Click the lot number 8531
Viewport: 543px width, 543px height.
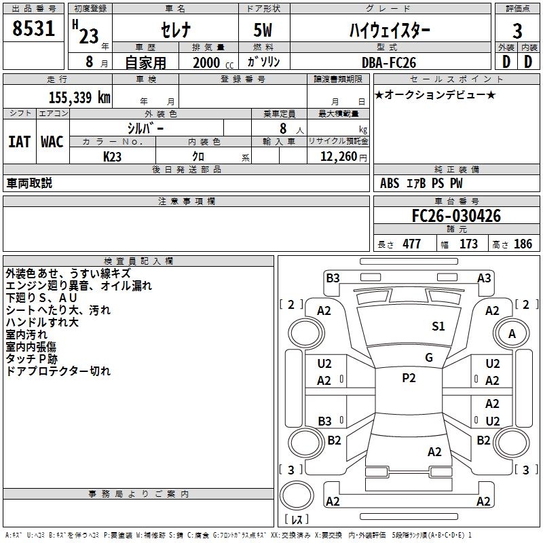pyautogui.click(x=33, y=29)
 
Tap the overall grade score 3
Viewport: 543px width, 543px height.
pyautogui.click(x=517, y=31)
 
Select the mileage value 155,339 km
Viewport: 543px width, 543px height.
pyautogui.click(x=79, y=98)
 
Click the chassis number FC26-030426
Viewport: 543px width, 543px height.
pyautogui.click(x=456, y=216)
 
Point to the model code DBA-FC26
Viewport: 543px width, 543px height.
pyautogui.click(x=388, y=62)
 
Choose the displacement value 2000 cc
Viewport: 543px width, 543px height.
pyautogui.click(x=213, y=63)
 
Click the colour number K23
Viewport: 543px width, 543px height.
pyautogui.click(x=112, y=157)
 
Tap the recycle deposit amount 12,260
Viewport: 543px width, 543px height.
pyautogui.click(x=339, y=157)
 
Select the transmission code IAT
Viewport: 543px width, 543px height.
pyautogui.click(x=20, y=142)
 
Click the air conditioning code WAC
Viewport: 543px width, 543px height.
pyautogui.click(x=52, y=142)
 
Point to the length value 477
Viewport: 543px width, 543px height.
pyautogui.click(x=412, y=244)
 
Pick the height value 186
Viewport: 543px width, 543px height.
pyautogui.click(x=523, y=244)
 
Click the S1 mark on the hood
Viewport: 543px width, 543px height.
pyautogui.click(x=438, y=326)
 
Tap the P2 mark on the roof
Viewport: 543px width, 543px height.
pyautogui.click(x=409, y=378)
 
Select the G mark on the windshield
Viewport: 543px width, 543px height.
pyautogui.click(x=429, y=358)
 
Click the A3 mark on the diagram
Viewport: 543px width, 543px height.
pyautogui.click(x=484, y=278)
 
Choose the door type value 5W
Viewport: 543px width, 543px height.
pyautogui.click(x=263, y=30)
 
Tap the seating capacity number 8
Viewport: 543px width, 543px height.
pyautogui.click(x=283, y=128)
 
